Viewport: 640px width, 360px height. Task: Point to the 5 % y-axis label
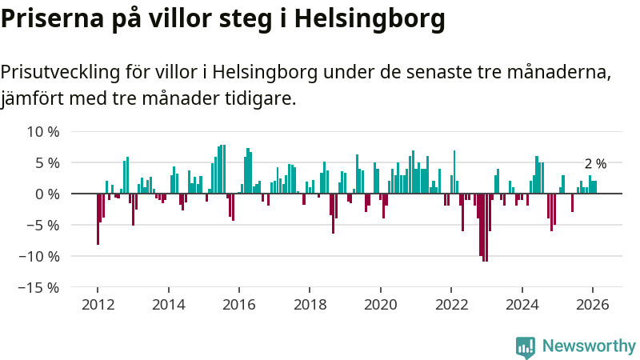click(x=46, y=162)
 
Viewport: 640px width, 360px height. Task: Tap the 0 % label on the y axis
click(x=46, y=194)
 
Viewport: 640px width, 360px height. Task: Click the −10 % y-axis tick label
click(x=38, y=256)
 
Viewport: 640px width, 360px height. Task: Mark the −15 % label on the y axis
click(x=38, y=287)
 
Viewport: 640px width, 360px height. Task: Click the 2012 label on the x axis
click(x=98, y=305)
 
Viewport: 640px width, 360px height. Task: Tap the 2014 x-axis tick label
click(x=168, y=305)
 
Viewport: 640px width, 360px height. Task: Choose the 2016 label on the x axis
click(x=239, y=305)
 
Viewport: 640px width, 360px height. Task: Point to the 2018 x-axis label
click(x=310, y=305)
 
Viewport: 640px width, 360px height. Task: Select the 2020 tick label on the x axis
click(x=381, y=305)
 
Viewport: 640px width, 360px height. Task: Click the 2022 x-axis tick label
click(x=451, y=305)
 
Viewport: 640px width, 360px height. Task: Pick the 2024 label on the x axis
click(x=522, y=305)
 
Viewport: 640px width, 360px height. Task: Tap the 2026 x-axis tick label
click(x=593, y=305)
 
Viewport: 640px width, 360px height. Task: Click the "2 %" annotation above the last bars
click(x=595, y=164)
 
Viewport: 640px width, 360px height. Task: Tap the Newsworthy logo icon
click(x=526, y=346)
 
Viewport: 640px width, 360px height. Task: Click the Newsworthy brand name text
click(x=589, y=346)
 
